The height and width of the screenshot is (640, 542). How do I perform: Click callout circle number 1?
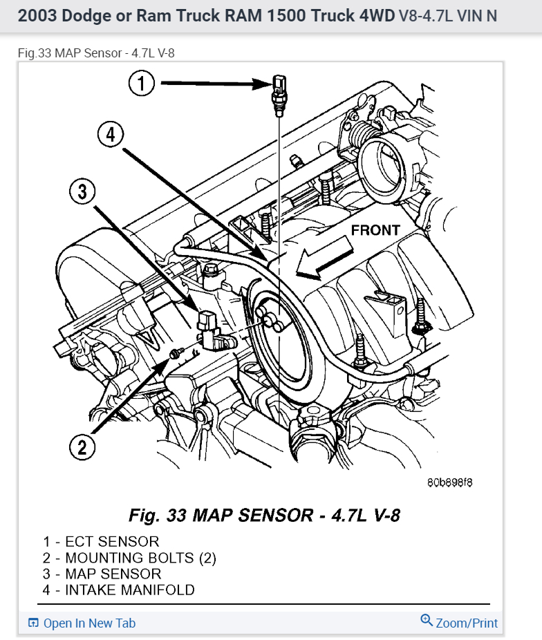[x=142, y=84]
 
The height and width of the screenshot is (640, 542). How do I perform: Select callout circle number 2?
[x=82, y=448]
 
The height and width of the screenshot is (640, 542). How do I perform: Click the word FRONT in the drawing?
[x=375, y=231]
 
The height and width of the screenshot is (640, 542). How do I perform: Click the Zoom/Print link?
[x=467, y=623]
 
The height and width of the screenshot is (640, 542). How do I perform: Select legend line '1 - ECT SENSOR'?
[x=101, y=542]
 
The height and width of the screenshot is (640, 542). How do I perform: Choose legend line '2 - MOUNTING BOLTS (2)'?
[x=129, y=558]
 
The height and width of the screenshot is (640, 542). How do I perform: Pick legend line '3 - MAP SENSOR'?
[x=102, y=574]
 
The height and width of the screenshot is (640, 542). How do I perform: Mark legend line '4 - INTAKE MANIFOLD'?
[x=119, y=590]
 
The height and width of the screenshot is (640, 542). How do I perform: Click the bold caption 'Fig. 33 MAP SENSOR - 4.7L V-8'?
[x=265, y=516]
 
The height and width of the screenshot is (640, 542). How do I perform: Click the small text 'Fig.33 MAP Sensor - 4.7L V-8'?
[x=101, y=53]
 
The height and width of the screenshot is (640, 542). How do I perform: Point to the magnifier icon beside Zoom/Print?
[x=426, y=621]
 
